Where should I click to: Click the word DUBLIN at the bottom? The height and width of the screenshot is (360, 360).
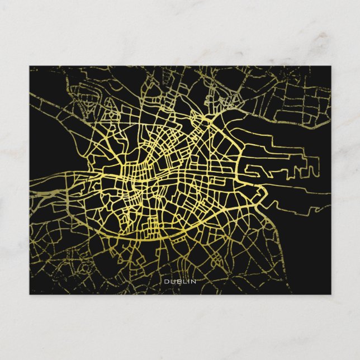(180, 281)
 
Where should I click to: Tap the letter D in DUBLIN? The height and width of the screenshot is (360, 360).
(166, 281)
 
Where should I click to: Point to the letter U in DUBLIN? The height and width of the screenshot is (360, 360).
(172, 281)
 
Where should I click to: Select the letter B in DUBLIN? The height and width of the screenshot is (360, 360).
(177, 281)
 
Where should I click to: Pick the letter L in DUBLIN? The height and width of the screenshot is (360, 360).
(183, 281)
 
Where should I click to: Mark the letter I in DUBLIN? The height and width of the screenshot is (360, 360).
(187, 281)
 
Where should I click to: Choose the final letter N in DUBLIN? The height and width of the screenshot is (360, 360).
(193, 281)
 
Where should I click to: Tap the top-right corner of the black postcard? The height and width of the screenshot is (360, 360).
(330, 67)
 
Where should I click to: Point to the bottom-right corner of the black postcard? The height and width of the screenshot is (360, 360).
(330, 293)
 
